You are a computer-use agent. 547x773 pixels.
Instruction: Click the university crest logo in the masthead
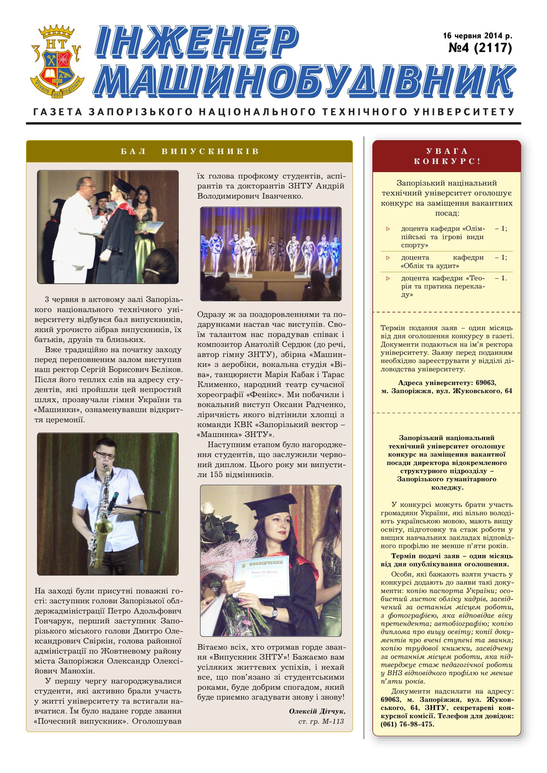coord(57,61)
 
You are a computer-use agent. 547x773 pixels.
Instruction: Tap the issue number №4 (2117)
coord(480,48)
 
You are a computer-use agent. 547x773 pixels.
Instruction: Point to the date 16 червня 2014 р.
coord(477,35)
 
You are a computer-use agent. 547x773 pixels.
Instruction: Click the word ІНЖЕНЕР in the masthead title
coord(196,42)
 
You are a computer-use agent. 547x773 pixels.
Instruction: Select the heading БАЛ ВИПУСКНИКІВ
coord(190,151)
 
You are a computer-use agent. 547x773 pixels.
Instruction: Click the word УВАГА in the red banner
coord(447,151)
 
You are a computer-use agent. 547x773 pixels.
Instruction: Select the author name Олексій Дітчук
coord(317,711)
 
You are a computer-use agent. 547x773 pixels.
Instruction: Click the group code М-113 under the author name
coord(333,721)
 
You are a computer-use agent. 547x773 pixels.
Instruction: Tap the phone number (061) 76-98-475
coord(407,724)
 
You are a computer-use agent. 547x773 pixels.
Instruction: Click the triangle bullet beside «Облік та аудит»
coord(388,258)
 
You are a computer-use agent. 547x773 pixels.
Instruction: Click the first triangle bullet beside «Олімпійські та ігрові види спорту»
coord(388,229)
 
